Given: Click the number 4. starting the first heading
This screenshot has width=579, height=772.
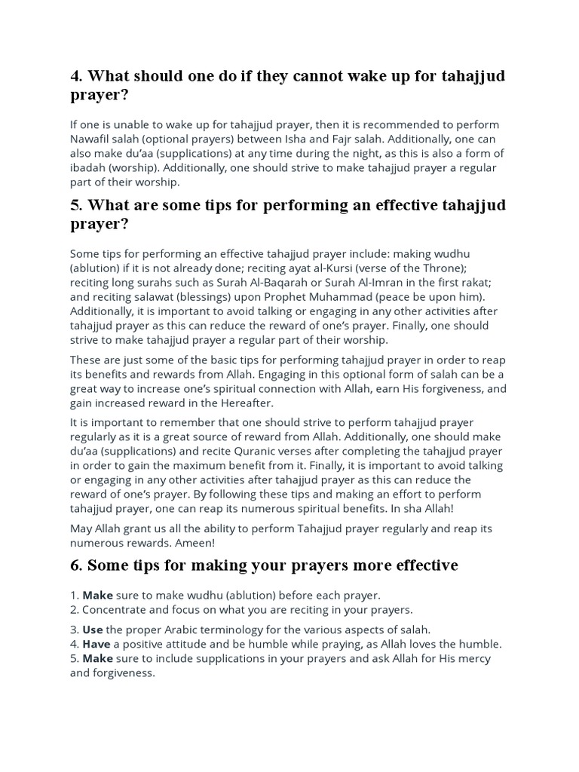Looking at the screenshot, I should pos(76,77).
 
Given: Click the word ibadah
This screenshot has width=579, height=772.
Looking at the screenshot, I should pos(88,167).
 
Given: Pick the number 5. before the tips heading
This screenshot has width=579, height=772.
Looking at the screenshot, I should pos(76,205).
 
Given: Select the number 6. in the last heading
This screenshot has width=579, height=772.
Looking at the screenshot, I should pos(76,565).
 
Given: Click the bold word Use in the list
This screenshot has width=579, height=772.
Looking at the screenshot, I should pos(93,630).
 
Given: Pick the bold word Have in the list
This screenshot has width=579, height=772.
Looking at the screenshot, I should pos(96,644).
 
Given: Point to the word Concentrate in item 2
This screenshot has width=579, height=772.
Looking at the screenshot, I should pos(117,609).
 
